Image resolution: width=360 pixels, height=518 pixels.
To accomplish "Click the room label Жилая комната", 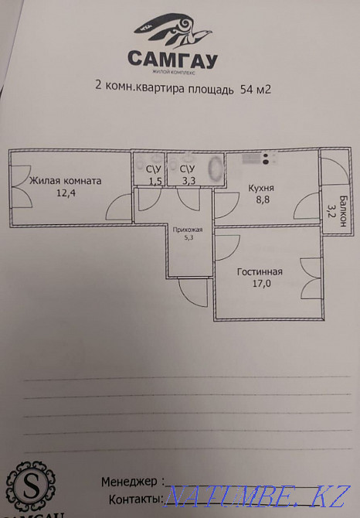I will click(x=65, y=181).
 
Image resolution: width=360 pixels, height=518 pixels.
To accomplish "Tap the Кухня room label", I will click(x=263, y=187).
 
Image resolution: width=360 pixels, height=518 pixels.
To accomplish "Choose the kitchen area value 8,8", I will click(x=263, y=199).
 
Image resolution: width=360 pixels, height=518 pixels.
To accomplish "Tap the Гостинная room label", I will click(x=260, y=272).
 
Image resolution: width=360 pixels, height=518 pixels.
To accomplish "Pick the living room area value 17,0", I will click(x=260, y=284).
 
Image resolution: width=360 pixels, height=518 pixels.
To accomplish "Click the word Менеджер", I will click(x=131, y=481).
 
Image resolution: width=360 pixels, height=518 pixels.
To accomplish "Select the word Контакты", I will click(x=134, y=499).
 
